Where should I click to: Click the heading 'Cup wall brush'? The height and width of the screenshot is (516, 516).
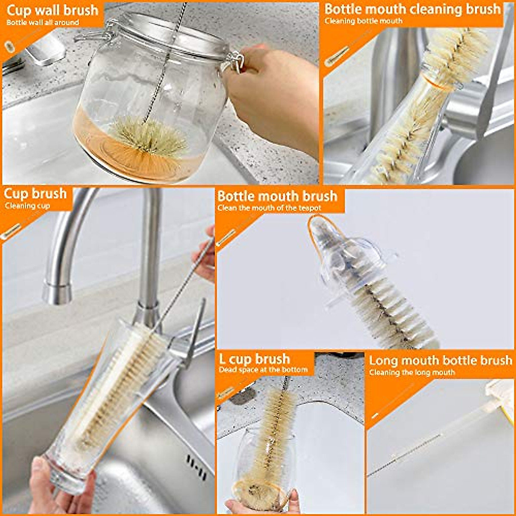[x=52, y=10]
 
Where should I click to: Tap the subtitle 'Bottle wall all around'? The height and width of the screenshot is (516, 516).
[x=43, y=22]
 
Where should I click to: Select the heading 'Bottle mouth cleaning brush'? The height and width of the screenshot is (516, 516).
[x=412, y=9]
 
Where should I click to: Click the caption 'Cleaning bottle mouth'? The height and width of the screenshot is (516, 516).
[x=363, y=21]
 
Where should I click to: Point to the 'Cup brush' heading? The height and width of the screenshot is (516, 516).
[x=35, y=193]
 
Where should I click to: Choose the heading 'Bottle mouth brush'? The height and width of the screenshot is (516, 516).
[x=277, y=196]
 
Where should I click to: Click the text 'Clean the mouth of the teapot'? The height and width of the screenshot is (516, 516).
[x=269, y=208]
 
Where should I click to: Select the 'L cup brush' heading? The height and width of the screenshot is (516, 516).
[x=254, y=359]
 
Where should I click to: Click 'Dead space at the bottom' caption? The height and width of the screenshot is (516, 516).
[x=263, y=370]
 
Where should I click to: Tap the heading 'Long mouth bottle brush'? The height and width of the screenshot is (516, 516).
[x=440, y=360]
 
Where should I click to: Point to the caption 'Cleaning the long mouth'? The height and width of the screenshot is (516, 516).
[x=412, y=372]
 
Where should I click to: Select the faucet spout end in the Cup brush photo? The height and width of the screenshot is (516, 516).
[x=57, y=292]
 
